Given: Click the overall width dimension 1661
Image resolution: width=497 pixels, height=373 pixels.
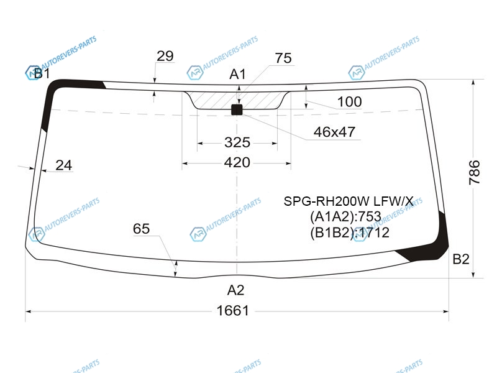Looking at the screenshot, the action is (x=232, y=310).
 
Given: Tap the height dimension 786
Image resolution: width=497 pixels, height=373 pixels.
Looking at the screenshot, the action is (x=474, y=173).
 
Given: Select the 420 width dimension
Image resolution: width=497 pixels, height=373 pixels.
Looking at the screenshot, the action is (x=237, y=163).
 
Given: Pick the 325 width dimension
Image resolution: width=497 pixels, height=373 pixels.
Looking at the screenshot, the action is (x=237, y=142).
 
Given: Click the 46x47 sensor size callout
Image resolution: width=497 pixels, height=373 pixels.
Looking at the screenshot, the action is (x=334, y=132).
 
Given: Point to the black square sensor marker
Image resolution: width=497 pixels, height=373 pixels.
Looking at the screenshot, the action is (x=237, y=109).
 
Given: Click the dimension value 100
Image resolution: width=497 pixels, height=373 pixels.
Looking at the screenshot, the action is (x=349, y=101).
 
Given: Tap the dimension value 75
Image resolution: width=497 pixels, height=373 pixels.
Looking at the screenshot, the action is (x=283, y=58).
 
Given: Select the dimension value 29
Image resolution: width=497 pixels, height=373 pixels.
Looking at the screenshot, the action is (x=165, y=56).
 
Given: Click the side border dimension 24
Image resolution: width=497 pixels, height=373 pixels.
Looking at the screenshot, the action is (x=64, y=165).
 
